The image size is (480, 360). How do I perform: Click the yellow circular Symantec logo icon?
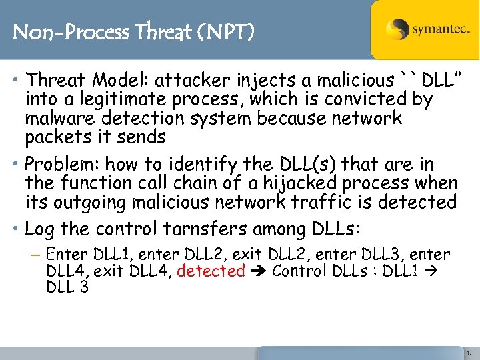(397, 29)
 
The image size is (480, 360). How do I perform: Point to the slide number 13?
(469, 351)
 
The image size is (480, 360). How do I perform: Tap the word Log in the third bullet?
(40, 229)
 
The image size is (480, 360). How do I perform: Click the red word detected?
(211, 271)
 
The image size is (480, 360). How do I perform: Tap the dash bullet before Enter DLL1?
(36, 255)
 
